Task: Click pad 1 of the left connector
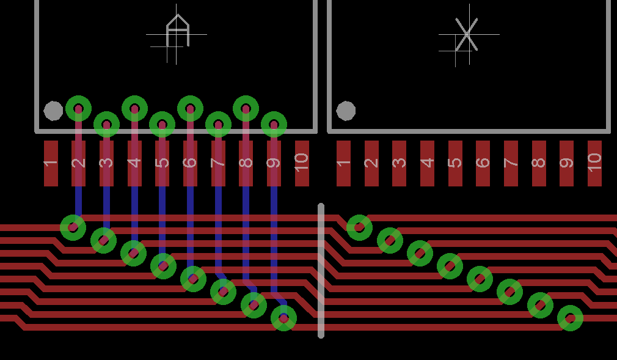[x=51, y=163]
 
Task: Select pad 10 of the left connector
[x=302, y=163]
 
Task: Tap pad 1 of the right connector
[x=343, y=163]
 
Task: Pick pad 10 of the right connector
[x=594, y=163]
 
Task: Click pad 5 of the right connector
[x=455, y=163]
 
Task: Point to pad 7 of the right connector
[x=511, y=163]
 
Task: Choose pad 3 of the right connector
[x=399, y=163]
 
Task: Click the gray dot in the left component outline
[x=53, y=111]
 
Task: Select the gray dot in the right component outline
[x=346, y=111]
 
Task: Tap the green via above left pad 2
[x=78, y=109]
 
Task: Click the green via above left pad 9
[x=274, y=125]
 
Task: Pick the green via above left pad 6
[x=190, y=109]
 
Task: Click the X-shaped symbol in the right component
[x=467, y=34]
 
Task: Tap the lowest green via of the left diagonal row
[x=283, y=318]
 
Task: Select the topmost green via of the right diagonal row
[x=359, y=227]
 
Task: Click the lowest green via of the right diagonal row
[x=570, y=318]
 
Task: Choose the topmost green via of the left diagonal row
[x=73, y=227]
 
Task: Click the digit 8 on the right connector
[x=538, y=163]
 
